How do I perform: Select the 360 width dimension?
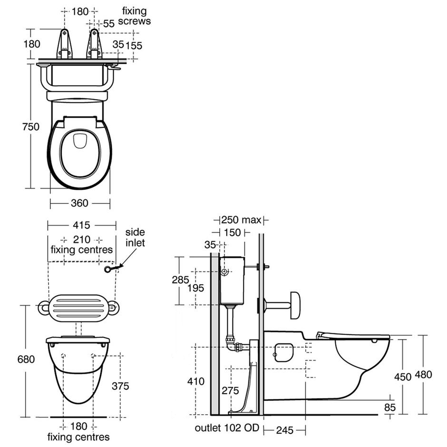click(x=79, y=203)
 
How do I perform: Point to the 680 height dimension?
click(x=26, y=360)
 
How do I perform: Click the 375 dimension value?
click(x=120, y=386)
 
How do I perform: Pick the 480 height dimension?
click(x=423, y=374)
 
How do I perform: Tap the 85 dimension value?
click(x=390, y=408)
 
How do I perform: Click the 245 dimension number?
click(x=284, y=430)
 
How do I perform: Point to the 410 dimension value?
click(x=196, y=381)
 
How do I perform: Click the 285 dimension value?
click(x=181, y=280)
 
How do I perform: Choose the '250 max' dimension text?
click(x=241, y=220)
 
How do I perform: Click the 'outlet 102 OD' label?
click(x=227, y=428)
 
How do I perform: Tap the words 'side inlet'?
click(x=135, y=237)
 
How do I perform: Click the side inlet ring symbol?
click(x=108, y=270)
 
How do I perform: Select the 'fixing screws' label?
click(x=135, y=16)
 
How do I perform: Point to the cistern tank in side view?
click(x=232, y=281)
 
